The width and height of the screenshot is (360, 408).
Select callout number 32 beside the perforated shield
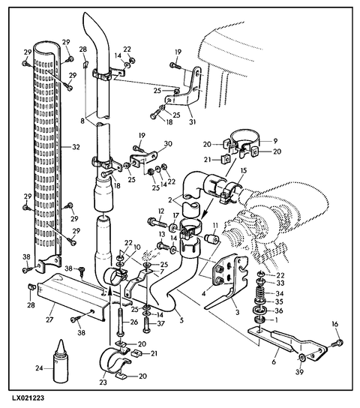coord(76,147)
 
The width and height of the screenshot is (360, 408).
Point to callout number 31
coord(193,121)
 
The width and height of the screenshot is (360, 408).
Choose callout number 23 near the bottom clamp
coord(103,382)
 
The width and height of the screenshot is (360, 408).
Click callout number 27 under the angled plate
coord(49,319)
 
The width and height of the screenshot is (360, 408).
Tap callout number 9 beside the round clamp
coord(275,141)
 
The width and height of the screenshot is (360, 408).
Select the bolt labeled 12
coord(157,223)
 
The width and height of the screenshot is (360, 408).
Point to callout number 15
coord(244,171)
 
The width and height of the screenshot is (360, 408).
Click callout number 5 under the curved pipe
coord(181,319)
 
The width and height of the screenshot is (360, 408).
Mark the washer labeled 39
coord(301,358)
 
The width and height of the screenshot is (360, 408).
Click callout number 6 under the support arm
coord(274,361)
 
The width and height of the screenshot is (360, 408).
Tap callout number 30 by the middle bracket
coord(168,143)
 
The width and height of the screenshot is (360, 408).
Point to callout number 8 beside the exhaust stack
coord(82,121)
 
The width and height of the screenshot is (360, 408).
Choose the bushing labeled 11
coord(211,238)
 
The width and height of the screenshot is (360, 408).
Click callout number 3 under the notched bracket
coord(237,311)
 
